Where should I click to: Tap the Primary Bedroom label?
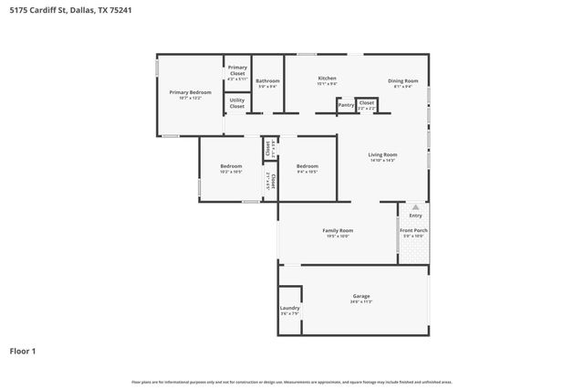190,92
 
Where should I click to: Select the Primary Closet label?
237,69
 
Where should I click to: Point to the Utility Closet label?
237,103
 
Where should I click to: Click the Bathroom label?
267,81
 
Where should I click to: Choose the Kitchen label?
327,79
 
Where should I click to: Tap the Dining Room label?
402,81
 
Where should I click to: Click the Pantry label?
346,105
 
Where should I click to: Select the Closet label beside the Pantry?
366,103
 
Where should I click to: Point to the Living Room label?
382,155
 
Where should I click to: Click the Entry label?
415,216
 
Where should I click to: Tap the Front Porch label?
413,230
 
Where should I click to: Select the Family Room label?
338,231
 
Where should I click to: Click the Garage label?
361,297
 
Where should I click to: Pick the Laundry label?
289,309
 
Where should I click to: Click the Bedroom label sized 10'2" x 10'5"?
231,166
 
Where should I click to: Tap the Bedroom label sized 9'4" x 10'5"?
307,166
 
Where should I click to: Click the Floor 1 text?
24,351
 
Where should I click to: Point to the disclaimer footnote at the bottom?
291,382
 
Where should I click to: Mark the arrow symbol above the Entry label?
415,206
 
